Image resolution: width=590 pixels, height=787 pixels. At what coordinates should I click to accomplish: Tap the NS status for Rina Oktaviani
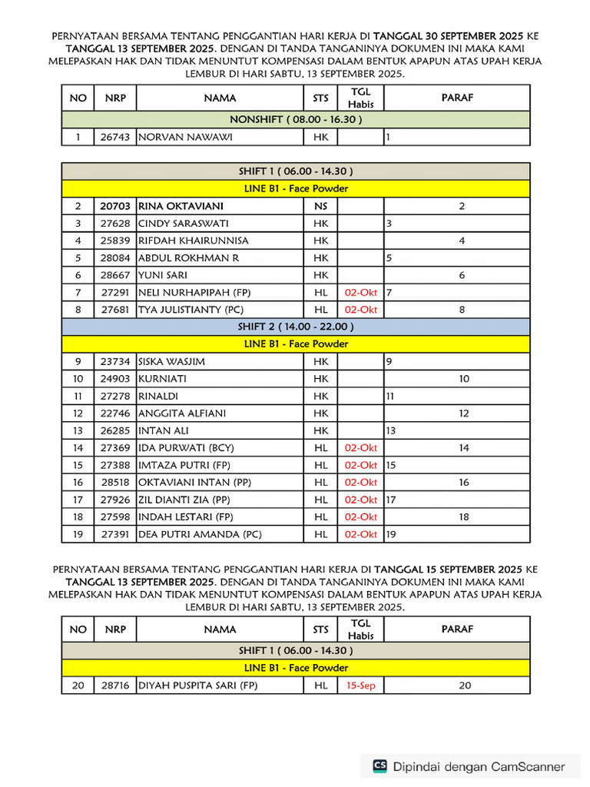click(320, 206)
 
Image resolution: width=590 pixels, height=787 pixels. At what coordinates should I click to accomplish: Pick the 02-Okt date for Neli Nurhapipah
click(360, 292)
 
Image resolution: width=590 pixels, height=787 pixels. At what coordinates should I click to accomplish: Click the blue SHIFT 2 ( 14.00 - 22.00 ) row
click(296, 327)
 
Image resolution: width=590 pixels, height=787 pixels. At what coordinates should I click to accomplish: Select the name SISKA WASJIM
click(171, 361)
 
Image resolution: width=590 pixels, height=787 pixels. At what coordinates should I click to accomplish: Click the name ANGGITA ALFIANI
click(182, 413)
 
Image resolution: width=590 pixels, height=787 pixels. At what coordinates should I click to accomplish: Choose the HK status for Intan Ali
click(320, 430)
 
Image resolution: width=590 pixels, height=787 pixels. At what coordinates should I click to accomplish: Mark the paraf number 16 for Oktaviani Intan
click(464, 482)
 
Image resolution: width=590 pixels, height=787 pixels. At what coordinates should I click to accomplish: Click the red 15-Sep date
click(360, 685)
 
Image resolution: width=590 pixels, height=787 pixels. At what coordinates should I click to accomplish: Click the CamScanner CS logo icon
click(380, 766)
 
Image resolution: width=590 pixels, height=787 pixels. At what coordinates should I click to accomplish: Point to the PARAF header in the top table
click(457, 98)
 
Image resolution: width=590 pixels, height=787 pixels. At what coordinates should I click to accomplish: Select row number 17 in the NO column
click(78, 500)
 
